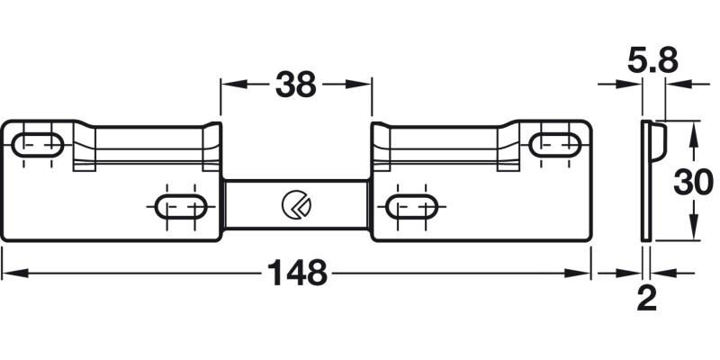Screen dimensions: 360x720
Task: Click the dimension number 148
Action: (297, 272)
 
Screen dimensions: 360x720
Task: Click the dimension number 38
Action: (296, 85)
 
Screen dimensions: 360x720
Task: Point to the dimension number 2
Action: (646, 298)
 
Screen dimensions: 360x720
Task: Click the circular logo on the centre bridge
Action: (295, 206)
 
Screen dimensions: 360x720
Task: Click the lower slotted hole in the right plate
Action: (412, 206)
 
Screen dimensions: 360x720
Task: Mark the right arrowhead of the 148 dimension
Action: (584, 272)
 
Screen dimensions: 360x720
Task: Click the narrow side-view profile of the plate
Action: (646, 180)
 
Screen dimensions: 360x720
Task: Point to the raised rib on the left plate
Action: (144, 144)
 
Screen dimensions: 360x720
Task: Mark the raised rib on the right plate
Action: (445, 144)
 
